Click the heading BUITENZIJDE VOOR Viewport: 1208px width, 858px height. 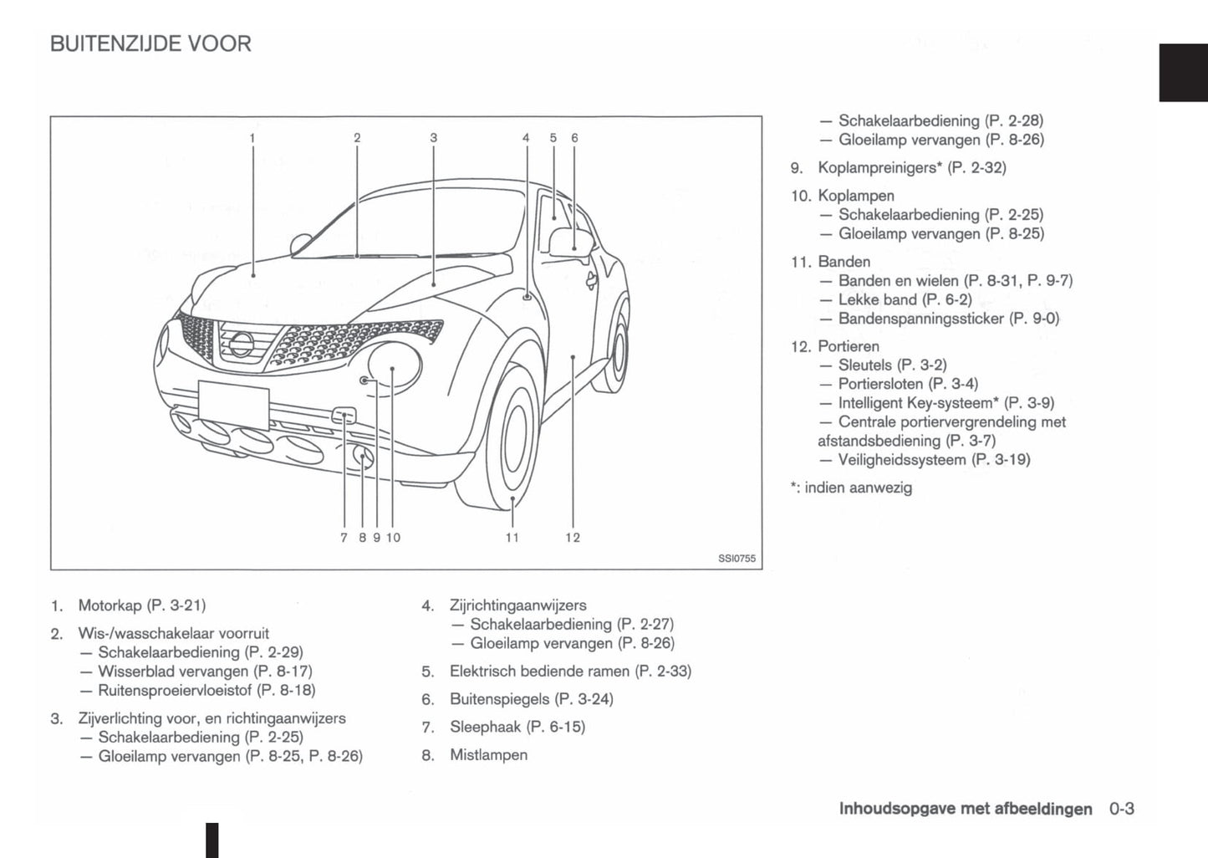point(150,43)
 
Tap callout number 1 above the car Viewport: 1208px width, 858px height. point(252,138)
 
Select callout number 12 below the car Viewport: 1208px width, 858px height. point(573,538)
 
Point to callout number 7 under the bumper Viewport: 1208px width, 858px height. point(344,538)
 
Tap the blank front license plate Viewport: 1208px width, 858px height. point(233,404)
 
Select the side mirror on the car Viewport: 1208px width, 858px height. point(572,241)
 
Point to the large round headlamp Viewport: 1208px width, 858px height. point(394,365)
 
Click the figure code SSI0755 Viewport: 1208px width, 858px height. point(737,559)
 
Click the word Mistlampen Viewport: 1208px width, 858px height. point(488,755)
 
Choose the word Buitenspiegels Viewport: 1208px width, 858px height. point(499,699)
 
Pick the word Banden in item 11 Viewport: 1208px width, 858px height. point(844,262)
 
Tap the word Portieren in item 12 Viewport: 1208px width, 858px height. point(849,346)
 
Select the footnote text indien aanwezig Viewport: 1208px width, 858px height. point(858,488)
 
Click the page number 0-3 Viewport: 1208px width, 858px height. point(1122,809)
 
